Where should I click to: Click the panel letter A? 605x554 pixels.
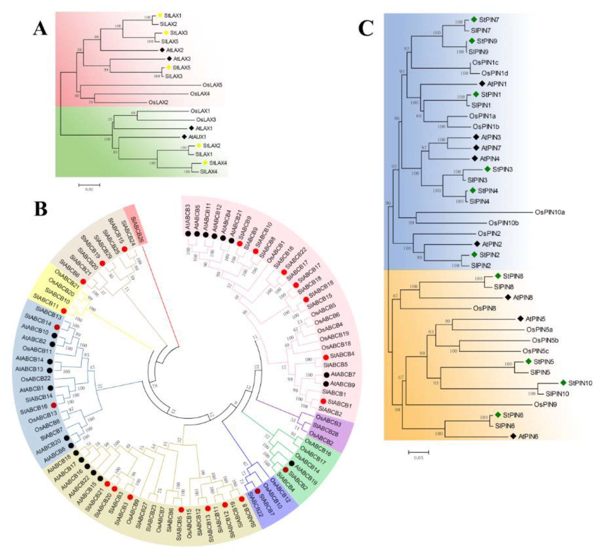[x=40, y=29]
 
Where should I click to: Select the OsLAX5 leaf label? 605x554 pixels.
[x=212, y=85]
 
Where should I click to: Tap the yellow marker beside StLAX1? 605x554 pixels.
[x=160, y=15]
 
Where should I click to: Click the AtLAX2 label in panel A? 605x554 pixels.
[x=175, y=50]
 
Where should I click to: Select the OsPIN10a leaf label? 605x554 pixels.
[x=550, y=212]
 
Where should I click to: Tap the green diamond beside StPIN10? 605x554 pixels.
[x=563, y=383]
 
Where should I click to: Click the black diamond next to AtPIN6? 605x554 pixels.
[x=513, y=436]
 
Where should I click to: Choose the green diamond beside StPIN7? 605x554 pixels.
[x=474, y=19]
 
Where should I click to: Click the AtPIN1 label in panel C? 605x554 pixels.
[x=497, y=84]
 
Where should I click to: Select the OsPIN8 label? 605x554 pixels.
[x=484, y=308]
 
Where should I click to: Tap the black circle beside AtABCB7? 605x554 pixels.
[x=327, y=375]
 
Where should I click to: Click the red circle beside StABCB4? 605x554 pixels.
[x=326, y=357]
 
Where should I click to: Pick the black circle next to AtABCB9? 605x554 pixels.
[x=326, y=384]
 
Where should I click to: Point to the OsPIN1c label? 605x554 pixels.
[x=485, y=63]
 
